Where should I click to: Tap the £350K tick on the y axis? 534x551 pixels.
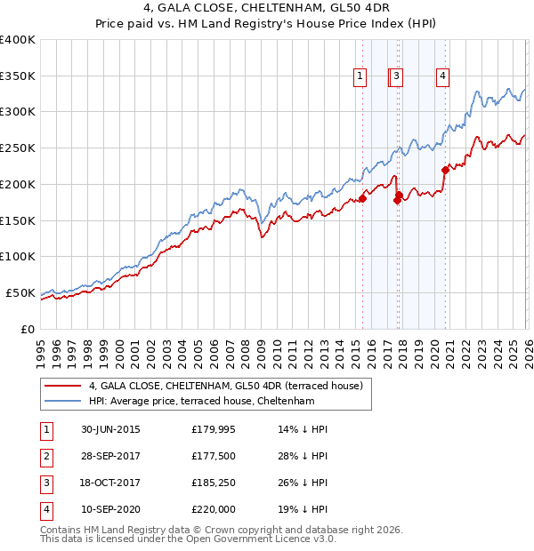[18, 76]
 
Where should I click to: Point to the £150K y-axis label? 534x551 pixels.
[18, 220]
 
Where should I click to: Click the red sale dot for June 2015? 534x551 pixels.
[362, 198]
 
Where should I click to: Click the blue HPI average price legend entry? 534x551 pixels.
[201, 402]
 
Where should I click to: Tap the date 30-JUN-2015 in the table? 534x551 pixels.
[110, 429]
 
